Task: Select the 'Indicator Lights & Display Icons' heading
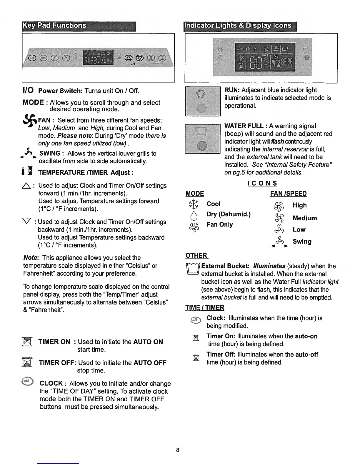238,26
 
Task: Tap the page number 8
177,450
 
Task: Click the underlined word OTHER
196,255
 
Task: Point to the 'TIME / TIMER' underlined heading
205,308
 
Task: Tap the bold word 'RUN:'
232,90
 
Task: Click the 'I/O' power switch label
28,90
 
